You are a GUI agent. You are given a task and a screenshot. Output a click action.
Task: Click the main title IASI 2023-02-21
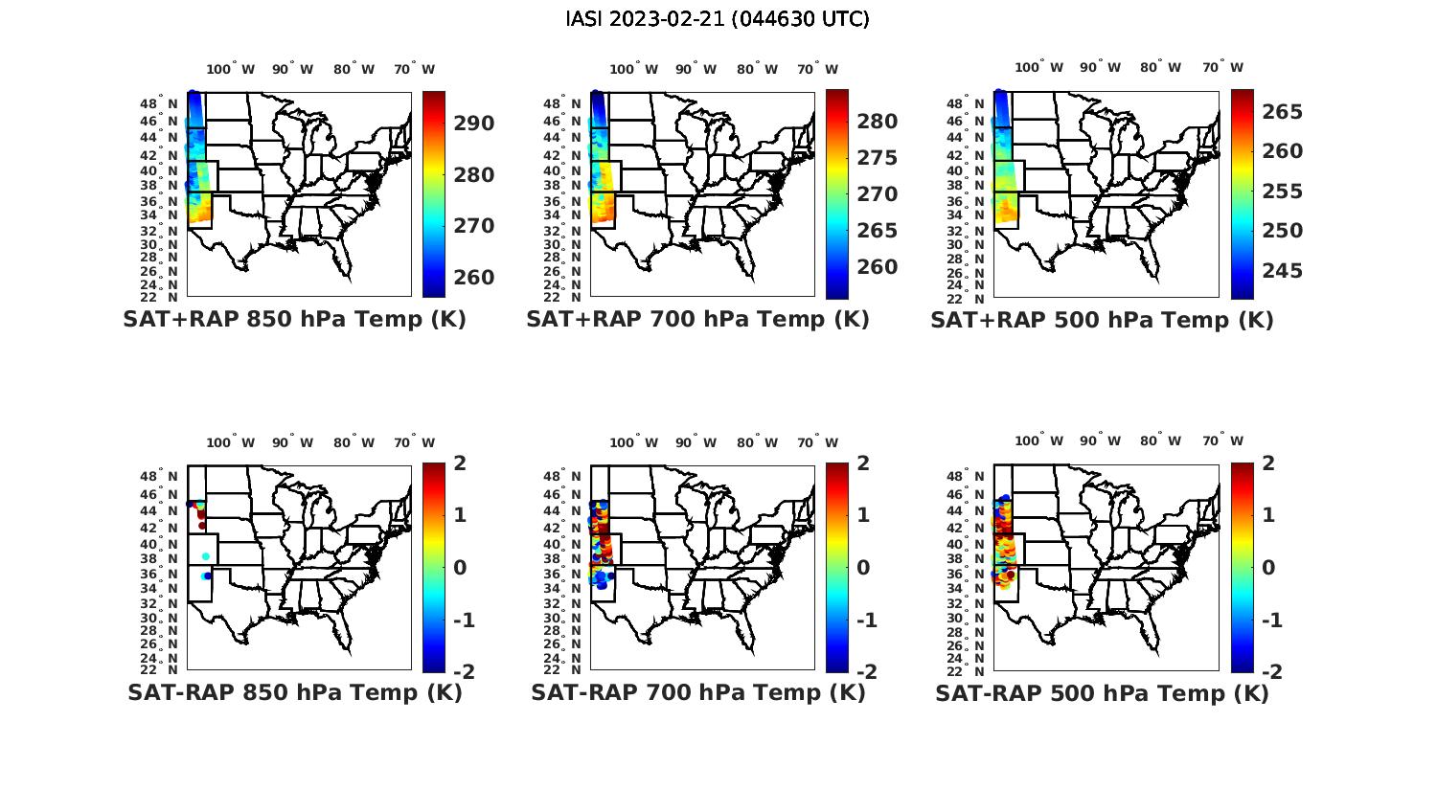click(718, 19)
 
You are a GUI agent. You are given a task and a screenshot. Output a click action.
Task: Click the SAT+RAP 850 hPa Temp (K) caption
click(294, 320)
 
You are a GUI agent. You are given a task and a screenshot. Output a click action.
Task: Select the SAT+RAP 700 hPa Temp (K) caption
click(697, 320)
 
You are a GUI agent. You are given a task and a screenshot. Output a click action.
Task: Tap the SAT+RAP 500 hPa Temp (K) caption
click(1102, 321)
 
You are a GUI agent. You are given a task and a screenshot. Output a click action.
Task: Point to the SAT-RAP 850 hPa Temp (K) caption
click(294, 692)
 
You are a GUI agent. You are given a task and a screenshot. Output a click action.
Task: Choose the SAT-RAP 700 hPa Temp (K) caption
click(697, 692)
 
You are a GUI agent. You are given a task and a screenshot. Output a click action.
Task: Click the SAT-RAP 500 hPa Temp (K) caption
click(1102, 693)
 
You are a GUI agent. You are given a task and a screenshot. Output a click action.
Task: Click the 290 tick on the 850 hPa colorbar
click(474, 124)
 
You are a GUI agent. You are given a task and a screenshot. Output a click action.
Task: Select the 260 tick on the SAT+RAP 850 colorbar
click(474, 278)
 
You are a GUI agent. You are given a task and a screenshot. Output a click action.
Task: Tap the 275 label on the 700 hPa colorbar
click(878, 158)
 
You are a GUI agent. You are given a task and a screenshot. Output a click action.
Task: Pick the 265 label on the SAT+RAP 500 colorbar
click(1282, 112)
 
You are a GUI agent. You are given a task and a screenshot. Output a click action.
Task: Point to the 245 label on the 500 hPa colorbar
click(1282, 271)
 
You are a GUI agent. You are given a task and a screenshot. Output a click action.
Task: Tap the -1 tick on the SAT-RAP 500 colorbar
click(1271, 621)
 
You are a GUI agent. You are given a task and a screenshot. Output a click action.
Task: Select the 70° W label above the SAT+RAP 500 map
click(1222, 68)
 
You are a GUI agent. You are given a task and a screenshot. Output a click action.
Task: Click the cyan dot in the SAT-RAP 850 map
click(206, 556)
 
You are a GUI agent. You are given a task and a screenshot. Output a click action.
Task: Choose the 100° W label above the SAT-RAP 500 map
click(1039, 441)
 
